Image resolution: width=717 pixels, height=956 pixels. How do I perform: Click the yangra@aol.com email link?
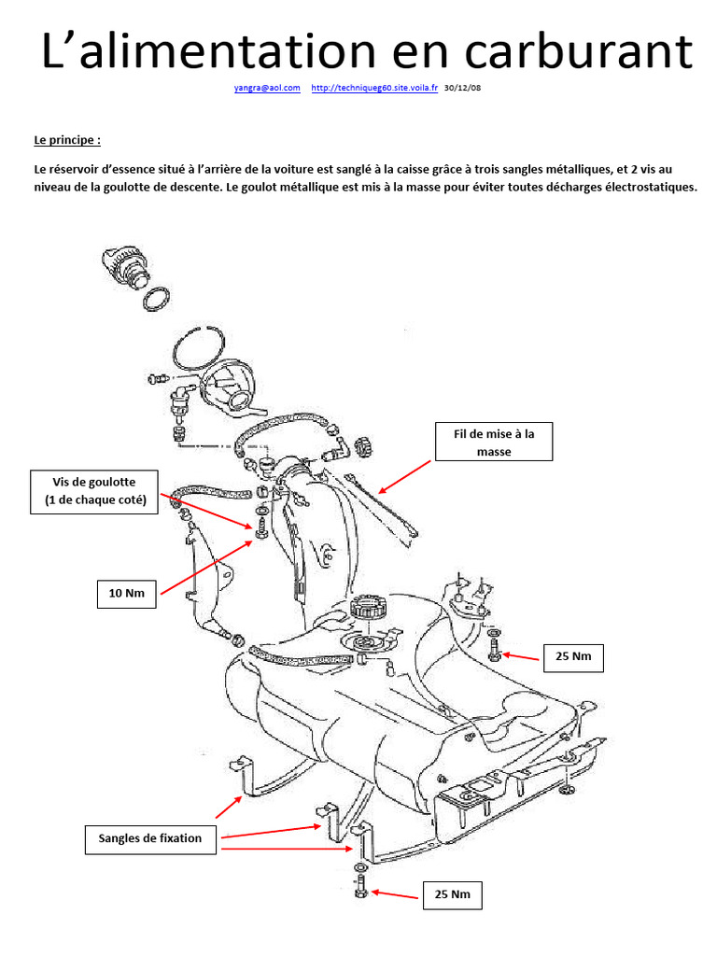click(x=266, y=88)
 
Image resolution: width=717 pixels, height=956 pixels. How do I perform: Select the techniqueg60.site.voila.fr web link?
click(x=373, y=88)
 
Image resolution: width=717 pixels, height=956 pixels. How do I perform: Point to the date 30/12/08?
click(x=462, y=88)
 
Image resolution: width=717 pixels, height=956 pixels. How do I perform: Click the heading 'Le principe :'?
click(x=66, y=140)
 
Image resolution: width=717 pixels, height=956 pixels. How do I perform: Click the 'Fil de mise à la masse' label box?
click(x=494, y=442)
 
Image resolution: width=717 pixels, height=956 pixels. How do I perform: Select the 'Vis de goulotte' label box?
click(x=95, y=491)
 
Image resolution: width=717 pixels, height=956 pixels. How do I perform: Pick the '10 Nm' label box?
click(x=127, y=593)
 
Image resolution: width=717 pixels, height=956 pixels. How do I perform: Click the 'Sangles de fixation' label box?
click(x=150, y=838)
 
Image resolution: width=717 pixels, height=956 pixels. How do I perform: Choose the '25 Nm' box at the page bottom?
click(x=453, y=895)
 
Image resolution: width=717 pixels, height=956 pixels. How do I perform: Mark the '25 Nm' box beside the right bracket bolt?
click(x=573, y=656)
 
